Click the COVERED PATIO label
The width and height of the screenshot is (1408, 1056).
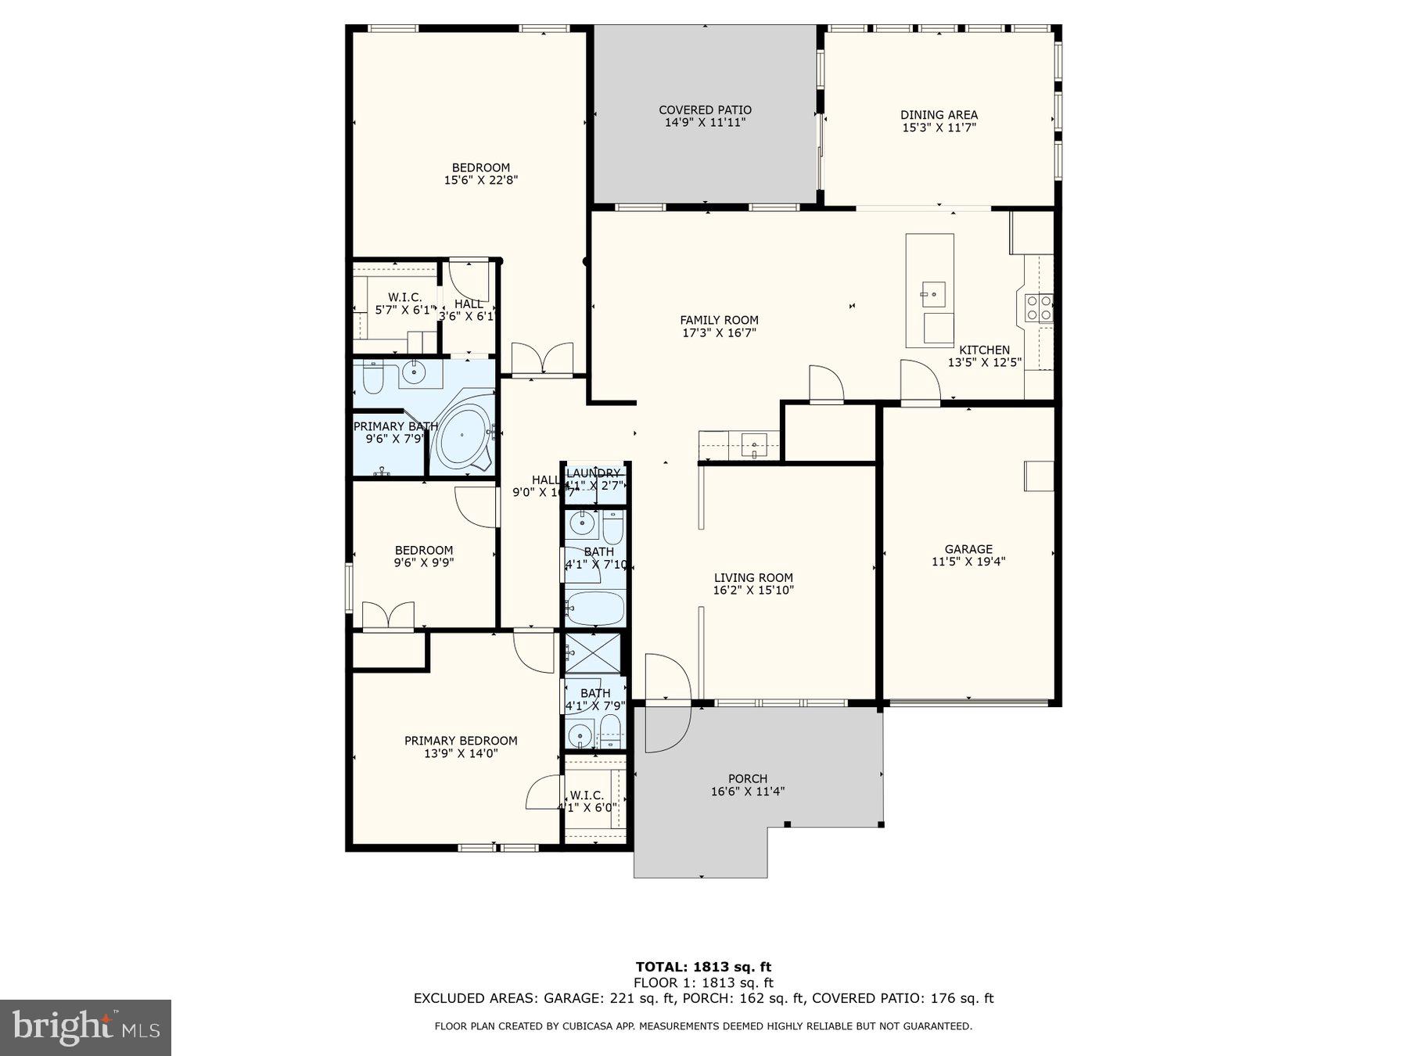click(x=705, y=110)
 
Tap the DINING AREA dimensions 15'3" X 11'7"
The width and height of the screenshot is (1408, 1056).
click(x=939, y=128)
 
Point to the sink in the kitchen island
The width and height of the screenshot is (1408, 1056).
click(x=933, y=294)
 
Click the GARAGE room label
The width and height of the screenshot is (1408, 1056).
click(x=968, y=549)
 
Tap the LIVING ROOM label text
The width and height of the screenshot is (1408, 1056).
click(x=752, y=578)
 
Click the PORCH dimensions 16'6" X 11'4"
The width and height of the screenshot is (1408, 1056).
click(x=747, y=792)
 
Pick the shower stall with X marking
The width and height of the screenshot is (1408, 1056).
click(x=593, y=652)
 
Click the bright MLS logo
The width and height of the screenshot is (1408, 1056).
click(x=85, y=1027)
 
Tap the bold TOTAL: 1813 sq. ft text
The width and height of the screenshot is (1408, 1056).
click(x=703, y=967)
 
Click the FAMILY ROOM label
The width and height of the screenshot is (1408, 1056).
click(x=719, y=320)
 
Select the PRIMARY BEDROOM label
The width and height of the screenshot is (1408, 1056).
click(x=461, y=741)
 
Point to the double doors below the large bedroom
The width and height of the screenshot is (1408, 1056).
click(x=541, y=360)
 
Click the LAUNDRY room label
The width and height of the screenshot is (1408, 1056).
click(x=593, y=473)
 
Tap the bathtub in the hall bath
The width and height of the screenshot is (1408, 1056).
click(x=594, y=608)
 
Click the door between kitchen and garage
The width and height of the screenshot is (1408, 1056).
click(x=919, y=383)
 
